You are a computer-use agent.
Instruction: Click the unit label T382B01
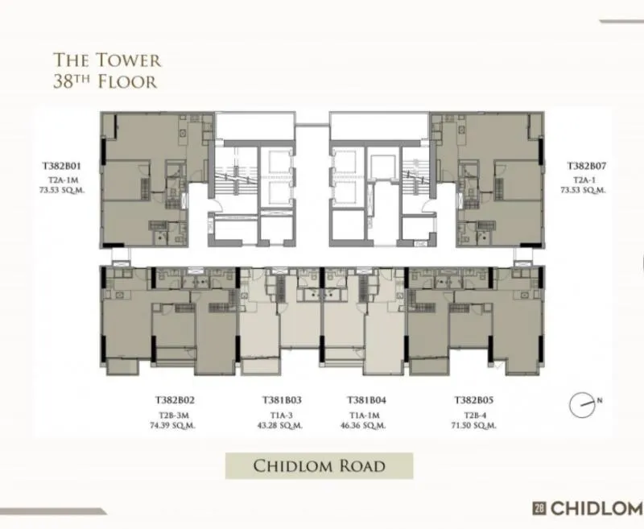coord(62,167)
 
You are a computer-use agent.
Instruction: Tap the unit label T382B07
coord(587,167)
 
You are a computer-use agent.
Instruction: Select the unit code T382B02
coord(175,400)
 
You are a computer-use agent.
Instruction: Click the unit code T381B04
coord(366,400)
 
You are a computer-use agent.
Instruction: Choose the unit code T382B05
coord(473,400)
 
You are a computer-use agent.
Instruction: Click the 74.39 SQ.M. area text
coord(172,425)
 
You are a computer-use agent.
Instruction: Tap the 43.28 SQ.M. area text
coord(280,425)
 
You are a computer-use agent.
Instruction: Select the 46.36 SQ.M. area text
coord(363,425)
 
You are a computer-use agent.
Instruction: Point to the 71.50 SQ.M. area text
coord(473,425)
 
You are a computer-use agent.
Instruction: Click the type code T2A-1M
coord(63,180)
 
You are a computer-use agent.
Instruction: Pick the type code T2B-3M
coord(173,415)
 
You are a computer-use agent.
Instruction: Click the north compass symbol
coord(582,405)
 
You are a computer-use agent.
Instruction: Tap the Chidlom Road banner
coord(319,465)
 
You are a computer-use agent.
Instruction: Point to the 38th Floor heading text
coord(105,81)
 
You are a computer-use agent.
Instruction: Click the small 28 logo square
coord(539,508)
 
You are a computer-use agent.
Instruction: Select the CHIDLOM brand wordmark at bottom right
coord(597,508)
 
